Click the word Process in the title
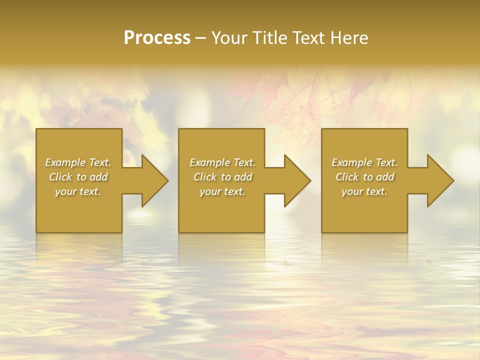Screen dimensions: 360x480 pos(157,38)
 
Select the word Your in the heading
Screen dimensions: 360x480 pos(229,38)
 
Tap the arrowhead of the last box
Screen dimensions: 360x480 pos(439,180)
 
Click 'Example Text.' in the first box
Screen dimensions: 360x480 pos(78,162)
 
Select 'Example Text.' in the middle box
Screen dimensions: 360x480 pos(222,162)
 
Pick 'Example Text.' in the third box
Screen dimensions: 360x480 pos(364,162)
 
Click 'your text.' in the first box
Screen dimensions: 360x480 pos(78,191)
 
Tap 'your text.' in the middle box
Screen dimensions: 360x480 pos(222,191)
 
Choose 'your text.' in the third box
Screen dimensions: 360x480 pos(364,191)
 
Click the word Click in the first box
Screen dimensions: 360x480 pos(60,177)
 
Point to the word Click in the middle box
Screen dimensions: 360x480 pos(205,177)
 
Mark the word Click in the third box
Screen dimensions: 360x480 pos(347,177)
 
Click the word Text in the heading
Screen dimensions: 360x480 pos(309,38)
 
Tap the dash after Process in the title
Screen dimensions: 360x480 pos(200,38)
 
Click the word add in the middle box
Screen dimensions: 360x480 pos(243,177)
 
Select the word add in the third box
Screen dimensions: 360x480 pos(385,177)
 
